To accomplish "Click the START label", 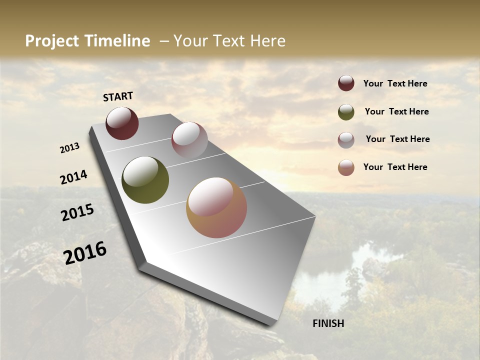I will tap(118, 96).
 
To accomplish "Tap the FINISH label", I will tap(328, 323).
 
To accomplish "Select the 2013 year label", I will tap(70, 148).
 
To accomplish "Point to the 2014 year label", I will tap(74, 177).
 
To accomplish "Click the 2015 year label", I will tap(77, 212).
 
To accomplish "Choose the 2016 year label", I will tap(85, 252).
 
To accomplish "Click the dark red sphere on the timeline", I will tap(122, 123).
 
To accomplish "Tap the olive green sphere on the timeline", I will tap(145, 180).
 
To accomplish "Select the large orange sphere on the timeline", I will tap(216, 207).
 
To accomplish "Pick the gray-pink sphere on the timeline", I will tap(189, 140).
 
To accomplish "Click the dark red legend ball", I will tap(346, 83).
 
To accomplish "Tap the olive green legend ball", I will tap(346, 112).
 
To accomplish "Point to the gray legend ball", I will tap(346, 140).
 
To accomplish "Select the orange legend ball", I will tap(346, 167).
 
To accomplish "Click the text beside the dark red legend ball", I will tap(395, 83).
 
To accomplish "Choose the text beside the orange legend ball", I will tap(395, 167).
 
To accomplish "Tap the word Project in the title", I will tap(52, 41).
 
